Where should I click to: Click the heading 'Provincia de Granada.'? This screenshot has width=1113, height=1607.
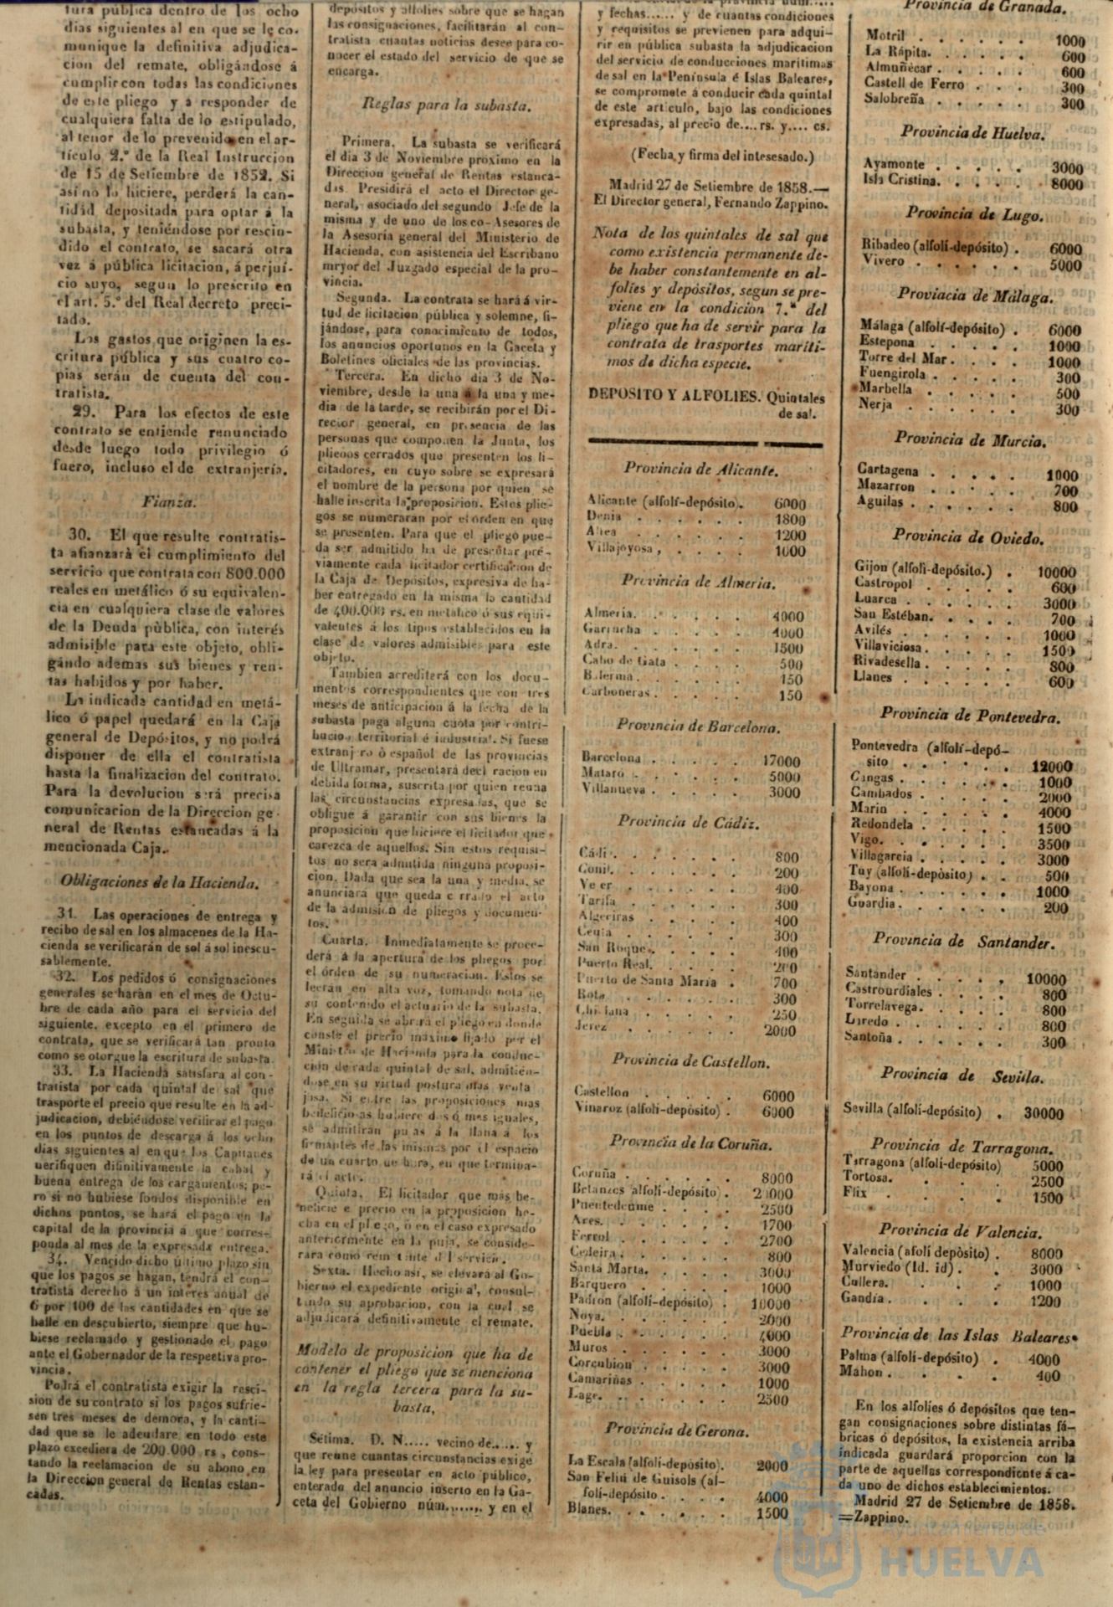[984, 8]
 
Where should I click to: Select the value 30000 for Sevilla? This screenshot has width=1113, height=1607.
[1043, 1114]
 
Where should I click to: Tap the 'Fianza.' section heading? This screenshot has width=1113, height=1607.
[168, 502]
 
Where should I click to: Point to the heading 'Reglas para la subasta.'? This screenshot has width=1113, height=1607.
[445, 105]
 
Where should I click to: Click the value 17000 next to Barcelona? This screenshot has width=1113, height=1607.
[780, 762]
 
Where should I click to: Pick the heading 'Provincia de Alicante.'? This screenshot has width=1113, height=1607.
[700, 470]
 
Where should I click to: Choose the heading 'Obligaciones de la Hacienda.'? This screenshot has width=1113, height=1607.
[159, 881]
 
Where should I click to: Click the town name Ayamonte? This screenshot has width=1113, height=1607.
[895, 165]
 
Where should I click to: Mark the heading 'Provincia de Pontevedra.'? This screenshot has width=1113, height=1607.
[969, 716]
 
